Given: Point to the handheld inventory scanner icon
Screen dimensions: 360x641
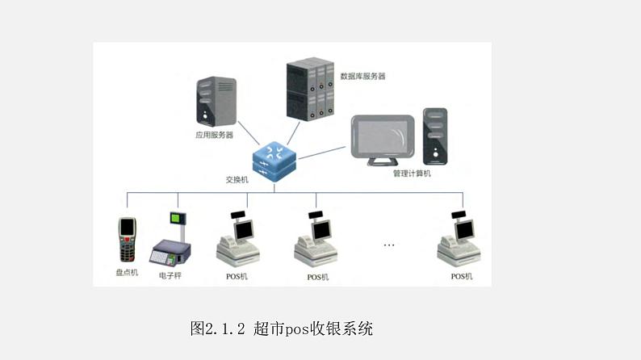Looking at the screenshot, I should coord(126,240).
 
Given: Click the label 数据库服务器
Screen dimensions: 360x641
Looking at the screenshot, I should coord(362,77).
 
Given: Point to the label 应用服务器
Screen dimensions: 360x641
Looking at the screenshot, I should coord(214,135).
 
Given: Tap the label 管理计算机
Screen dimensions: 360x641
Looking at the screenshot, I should coord(412,174).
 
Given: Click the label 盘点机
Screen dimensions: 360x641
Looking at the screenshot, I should coord(127,273).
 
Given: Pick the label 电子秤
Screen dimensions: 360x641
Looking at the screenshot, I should coord(170,275).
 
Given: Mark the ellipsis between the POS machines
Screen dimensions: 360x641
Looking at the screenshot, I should coord(389,245).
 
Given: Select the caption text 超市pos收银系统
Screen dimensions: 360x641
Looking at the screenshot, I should coord(313,329).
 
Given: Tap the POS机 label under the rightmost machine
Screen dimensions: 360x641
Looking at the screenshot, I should coord(461,277).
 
